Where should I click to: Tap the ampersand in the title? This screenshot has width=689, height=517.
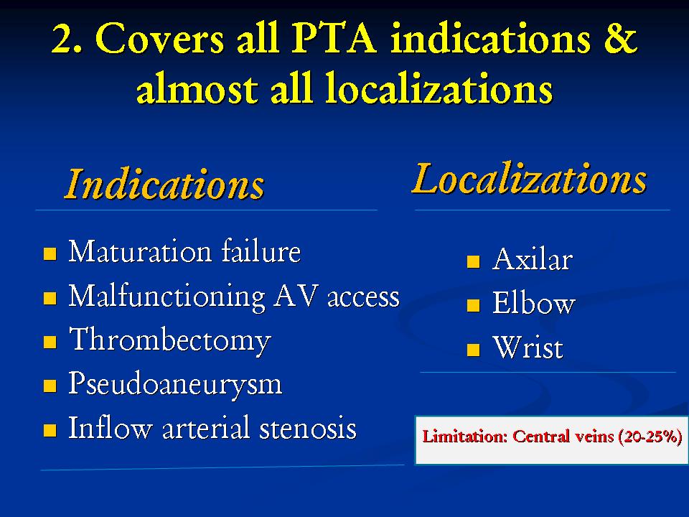pyautogui.click(x=619, y=37)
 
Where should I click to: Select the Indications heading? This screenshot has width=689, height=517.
pyautogui.click(x=164, y=185)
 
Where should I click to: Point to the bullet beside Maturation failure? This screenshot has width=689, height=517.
pyautogui.click(x=50, y=253)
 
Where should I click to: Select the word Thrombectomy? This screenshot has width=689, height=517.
pyautogui.click(x=170, y=340)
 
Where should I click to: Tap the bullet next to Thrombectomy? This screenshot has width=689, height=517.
pyautogui.click(x=50, y=342)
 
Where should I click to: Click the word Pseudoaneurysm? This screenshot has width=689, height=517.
pyautogui.click(x=175, y=384)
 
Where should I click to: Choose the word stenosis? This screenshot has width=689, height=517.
pyautogui.click(x=308, y=428)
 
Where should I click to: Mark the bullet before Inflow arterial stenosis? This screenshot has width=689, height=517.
pyautogui.click(x=50, y=430)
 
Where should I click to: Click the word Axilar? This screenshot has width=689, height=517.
pyautogui.click(x=533, y=259)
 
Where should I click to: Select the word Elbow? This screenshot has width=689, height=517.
pyautogui.click(x=533, y=302)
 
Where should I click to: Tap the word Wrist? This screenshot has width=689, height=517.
pyautogui.click(x=528, y=348)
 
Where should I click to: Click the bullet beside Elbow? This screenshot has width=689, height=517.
pyautogui.click(x=473, y=305)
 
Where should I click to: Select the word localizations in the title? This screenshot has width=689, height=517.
pyautogui.click(x=439, y=90)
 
